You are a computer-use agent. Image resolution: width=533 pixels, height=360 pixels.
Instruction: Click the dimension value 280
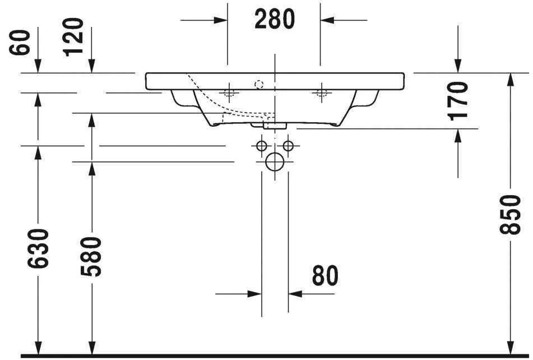coord(274,20)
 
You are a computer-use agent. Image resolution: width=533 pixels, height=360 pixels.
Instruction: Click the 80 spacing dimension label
coord(325,276)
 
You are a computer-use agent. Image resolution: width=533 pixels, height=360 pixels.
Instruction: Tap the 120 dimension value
coord(73,38)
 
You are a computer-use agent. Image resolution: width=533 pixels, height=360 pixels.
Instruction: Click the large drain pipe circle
coord(275,162)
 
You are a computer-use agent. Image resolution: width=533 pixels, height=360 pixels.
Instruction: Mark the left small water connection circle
coord(261,146)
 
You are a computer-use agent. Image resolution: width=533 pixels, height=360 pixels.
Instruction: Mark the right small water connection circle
coord(288,146)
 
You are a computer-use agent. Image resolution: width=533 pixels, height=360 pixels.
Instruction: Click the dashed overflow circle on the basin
coord(258,85)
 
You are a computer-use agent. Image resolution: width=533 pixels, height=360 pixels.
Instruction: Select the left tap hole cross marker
coord(228,92)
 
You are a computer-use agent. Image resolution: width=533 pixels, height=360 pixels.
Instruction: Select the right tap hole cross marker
coord(321,92)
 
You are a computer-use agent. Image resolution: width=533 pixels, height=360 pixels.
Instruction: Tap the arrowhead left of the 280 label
coord(221,20)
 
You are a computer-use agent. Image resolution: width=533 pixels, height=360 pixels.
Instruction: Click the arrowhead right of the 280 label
coord(327,20)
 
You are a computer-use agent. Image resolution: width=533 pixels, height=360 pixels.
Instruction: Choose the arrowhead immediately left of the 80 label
coord(295,293)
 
